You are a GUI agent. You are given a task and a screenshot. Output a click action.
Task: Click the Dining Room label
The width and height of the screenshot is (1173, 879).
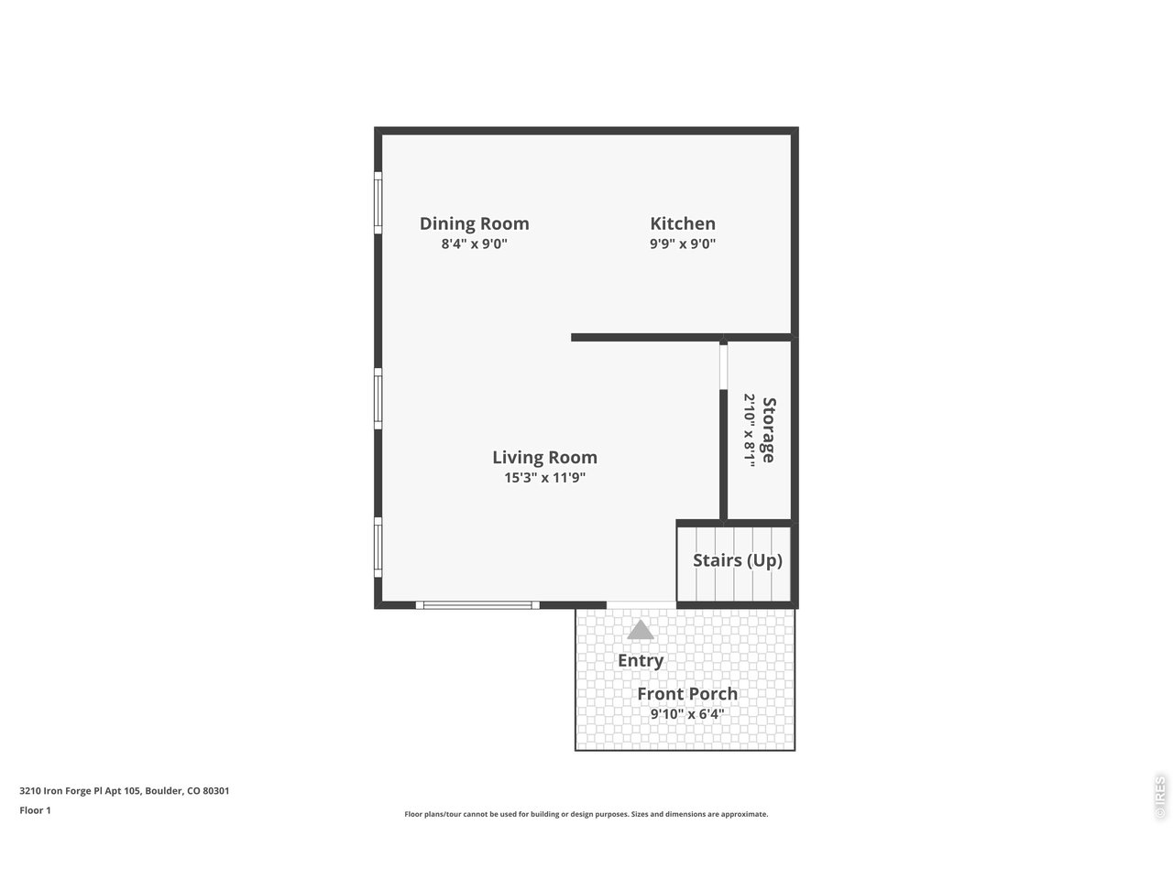(474, 223)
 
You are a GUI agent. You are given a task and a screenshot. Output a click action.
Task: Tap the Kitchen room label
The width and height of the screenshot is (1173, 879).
(683, 223)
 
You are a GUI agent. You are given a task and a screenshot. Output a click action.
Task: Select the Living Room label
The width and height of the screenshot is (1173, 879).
(544, 457)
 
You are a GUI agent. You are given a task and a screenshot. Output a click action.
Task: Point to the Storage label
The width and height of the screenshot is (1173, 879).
(769, 429)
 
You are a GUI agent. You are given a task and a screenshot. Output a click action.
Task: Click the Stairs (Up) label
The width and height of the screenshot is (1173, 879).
(738, 560)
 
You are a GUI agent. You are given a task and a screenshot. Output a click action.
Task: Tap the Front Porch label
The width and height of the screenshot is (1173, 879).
(687, 694)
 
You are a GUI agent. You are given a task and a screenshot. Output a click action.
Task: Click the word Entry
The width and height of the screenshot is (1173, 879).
(641, 660)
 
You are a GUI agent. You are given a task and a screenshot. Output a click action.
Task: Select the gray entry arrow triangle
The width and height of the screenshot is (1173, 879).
(641, 630)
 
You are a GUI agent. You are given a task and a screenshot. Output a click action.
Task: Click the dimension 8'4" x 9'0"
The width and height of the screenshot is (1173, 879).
(474, 244)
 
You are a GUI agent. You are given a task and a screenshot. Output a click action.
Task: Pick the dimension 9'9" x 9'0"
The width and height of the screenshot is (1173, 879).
(683, 244)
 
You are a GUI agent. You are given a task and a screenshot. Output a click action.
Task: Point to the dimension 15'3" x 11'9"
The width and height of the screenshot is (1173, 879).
(544, 478)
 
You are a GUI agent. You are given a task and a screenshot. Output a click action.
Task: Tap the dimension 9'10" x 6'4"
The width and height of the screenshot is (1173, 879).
(687, 714)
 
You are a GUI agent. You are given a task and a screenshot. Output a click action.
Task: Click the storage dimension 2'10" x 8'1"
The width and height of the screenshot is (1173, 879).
(749, 429)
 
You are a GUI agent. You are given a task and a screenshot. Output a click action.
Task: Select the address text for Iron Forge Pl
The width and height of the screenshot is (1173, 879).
(125, 790)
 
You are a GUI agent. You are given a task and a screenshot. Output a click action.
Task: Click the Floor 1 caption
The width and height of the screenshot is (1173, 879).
(36, 810)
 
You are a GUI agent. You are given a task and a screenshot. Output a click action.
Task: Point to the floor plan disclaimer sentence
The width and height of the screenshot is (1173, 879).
(586, 814)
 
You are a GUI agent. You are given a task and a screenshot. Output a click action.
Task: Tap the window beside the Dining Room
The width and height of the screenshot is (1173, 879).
(378, 202)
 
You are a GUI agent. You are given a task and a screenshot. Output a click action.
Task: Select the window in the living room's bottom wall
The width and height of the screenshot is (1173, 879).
(477, 604)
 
